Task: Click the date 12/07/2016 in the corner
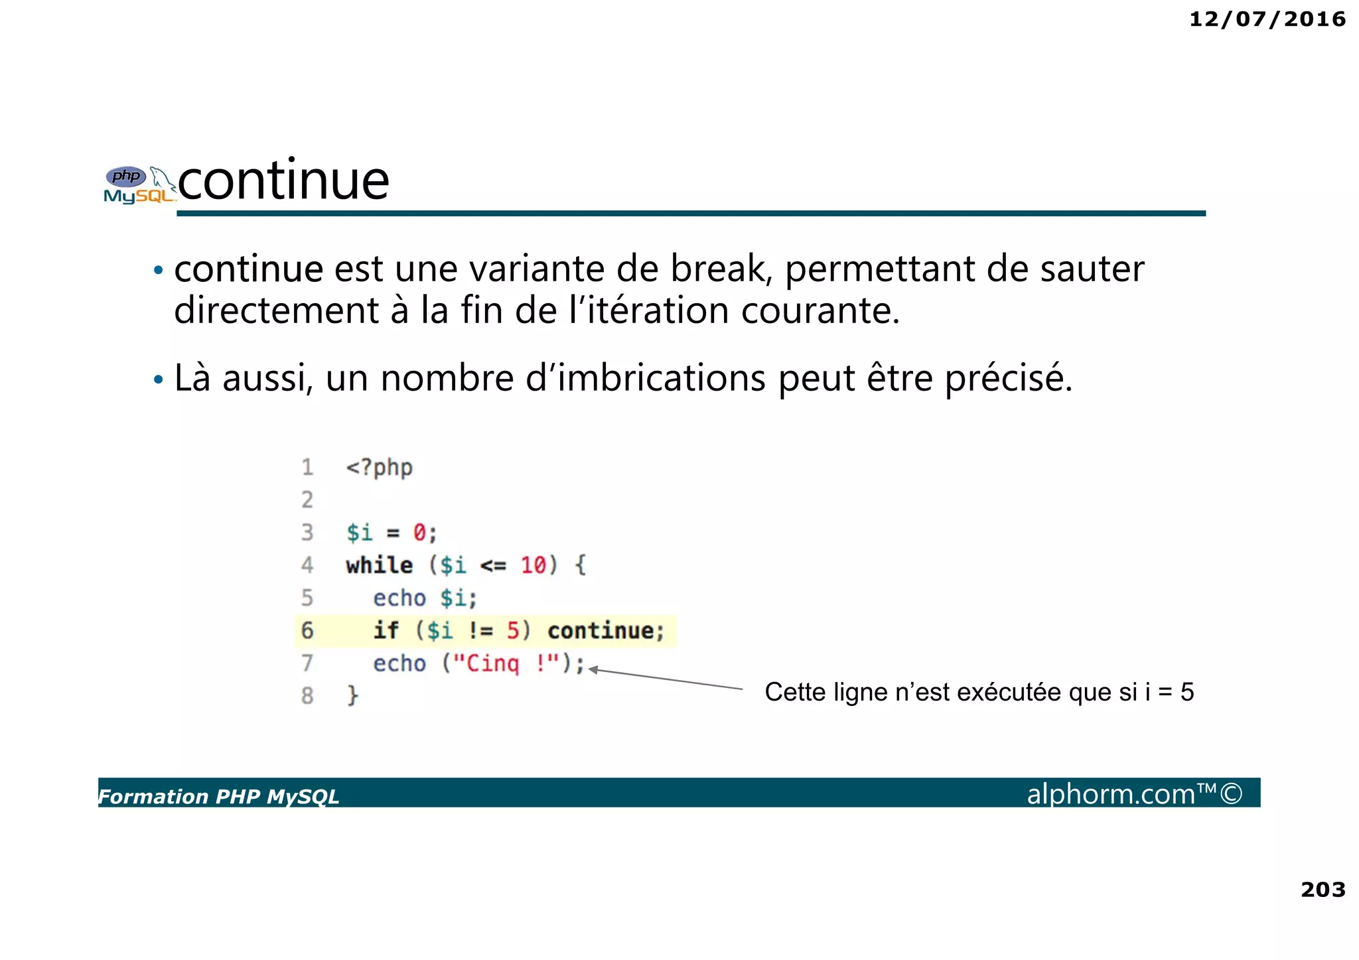(x=1267, y=19)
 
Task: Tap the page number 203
(x=1323, y=889)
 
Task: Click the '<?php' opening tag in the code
(x=379, y=468)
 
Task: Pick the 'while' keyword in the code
(x=379, y=565)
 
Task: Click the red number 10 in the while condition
(x=533, y=565)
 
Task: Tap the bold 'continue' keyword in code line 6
(x=605, y=630)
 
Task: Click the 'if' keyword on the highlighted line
(x=386, y=630)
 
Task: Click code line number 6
(x=307, y=630)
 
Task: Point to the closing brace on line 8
(x=352, y=695)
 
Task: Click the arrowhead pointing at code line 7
(x=593, y=670)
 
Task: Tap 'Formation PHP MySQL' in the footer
(x=218, y=796)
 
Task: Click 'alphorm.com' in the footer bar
(x=1111, y=793)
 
